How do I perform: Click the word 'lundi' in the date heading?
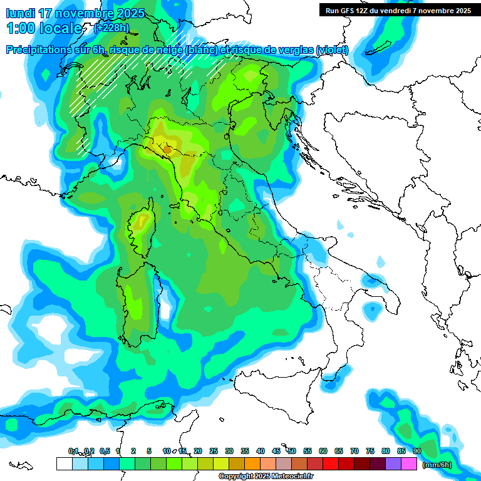(19, 13)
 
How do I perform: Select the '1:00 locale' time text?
(44, 28)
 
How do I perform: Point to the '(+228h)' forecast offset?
(111, 28)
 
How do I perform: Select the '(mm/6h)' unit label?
(437, 464)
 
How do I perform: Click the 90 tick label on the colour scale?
(417, 451)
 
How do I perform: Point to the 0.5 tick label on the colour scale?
(104, 451)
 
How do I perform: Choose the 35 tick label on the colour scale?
(245, 451)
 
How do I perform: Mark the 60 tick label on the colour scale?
(323, 451)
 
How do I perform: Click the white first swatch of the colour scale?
(64, 463)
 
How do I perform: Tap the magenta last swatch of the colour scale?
(409, 463)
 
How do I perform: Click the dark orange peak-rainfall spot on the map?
(167, 149)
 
